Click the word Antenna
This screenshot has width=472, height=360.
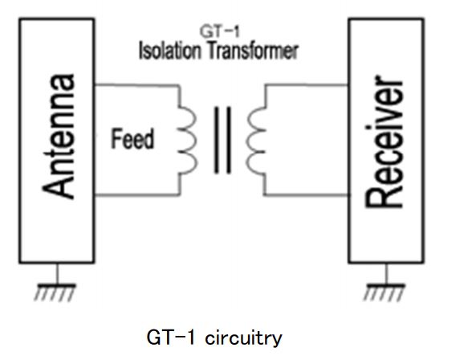(x=58, y=136)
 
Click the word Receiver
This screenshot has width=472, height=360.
(x=384, y=141)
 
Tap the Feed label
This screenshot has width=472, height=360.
(x=132, y=138)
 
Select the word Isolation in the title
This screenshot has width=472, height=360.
(x=170, y=51)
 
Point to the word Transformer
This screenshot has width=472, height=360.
(x=254, y=51)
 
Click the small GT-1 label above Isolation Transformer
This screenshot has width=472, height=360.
(x=219, y=31)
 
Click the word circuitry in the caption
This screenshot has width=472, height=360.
(x=243, y=338)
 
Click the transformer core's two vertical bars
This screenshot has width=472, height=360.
(x=223, y=140)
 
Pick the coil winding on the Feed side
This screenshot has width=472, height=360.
(x=187, y=140)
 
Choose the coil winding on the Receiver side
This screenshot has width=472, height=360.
(x=256, y=140)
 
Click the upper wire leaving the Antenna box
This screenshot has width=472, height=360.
(x=137, y=85)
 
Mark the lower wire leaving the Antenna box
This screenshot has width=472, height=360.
(x=137, y=195)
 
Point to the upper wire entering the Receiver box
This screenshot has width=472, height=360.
(x=307, y=85)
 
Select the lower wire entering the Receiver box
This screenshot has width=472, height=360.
(x=307, y=195)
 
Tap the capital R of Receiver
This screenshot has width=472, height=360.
(x=384, y=197)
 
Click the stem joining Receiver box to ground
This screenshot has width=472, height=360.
(x=387, y=273)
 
